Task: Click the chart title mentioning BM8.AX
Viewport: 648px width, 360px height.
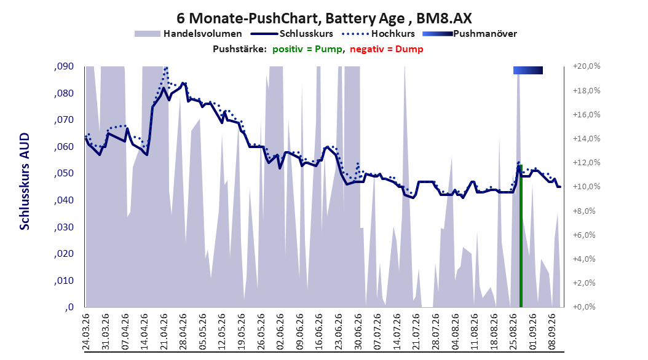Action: [324, 18]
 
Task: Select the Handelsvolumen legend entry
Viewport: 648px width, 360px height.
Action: [189, 34]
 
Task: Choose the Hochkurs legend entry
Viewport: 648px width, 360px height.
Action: [379, 34]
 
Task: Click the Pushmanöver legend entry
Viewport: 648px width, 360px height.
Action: [470, 34]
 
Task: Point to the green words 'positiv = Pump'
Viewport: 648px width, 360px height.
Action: [307, 49]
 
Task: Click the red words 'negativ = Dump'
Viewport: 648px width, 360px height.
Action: [387, 49]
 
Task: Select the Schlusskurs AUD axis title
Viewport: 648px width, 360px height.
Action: [25, 181]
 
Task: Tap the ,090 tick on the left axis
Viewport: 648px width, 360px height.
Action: [64, 66]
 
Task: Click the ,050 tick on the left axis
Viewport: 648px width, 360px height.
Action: [64, 173]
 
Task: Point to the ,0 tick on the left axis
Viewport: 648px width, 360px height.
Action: [69, 307]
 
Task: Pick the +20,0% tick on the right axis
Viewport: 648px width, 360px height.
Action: [587, 66]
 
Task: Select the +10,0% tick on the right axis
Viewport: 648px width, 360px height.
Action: [587, 187]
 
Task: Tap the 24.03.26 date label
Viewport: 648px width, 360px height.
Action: [86, 332]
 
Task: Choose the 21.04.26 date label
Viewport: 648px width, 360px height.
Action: [164, 332]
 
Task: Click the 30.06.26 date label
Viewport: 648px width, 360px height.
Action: [358, 332]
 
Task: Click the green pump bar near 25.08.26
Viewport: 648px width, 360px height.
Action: [521, 236]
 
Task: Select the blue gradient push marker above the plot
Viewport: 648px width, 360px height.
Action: [528, 70]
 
